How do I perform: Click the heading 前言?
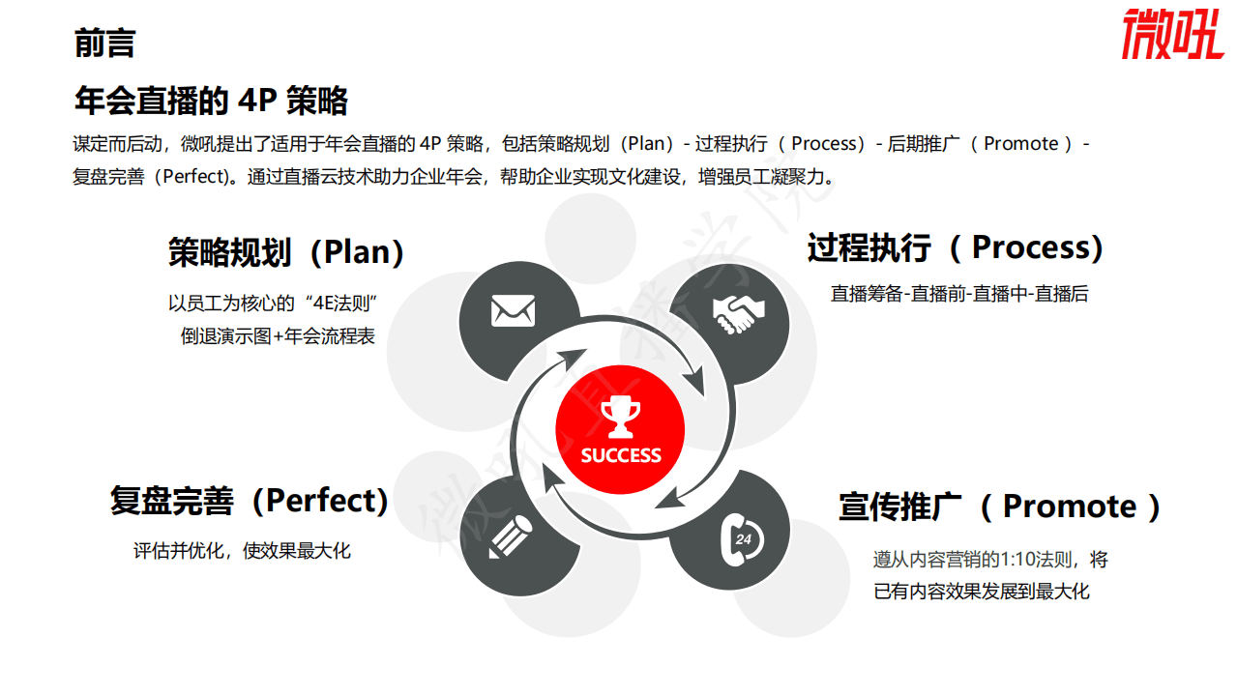coord(104,43)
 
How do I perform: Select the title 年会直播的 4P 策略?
coord(211,100)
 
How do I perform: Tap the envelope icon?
coord(513,310)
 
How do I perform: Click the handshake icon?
coord(738,310)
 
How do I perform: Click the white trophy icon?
coord(620,418)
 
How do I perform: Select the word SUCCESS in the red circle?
coord(621,455)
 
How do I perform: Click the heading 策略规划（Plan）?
coord(286,252)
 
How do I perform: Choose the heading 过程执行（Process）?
coord(956,248)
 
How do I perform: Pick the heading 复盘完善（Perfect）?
coord(250,501)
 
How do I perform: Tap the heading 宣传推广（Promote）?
coord(1000,507)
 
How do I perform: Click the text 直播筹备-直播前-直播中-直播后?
coord(959,294)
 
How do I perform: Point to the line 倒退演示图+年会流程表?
coord(278,336)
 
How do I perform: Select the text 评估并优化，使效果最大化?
coord(242,551)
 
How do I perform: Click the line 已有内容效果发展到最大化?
coord(982,591)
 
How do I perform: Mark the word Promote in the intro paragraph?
coord(1021,144)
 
